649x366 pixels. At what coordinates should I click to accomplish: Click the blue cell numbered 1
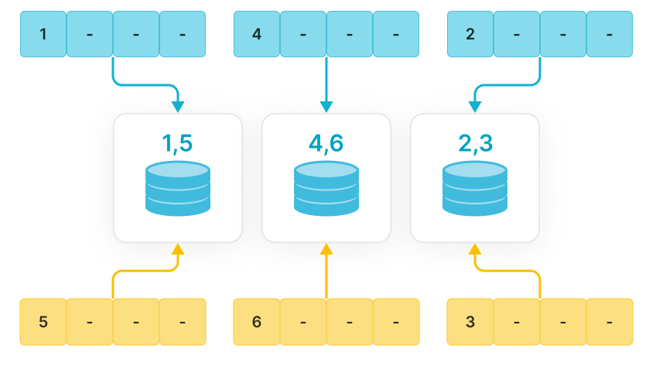[x=43, y=34]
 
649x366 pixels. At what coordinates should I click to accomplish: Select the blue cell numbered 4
[x=257, y=34]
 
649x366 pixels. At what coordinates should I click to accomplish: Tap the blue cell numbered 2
[x=470, y=34]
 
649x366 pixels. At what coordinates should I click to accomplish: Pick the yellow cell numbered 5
[x=43, y=322]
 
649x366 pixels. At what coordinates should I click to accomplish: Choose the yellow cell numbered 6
[x=257, y=322]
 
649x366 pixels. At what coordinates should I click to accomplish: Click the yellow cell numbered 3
[x=470, y=322]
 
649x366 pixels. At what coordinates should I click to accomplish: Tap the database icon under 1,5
[x=178, y=188]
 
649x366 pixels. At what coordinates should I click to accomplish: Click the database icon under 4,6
[x=326, y=188]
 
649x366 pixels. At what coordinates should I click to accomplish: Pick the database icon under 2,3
[x=475, y=188]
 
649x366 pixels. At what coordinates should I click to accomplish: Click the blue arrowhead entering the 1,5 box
[x=178, y=107]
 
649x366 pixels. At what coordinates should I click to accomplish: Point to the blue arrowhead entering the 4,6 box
[x=326, y=107]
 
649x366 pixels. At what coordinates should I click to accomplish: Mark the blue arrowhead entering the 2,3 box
[x=475, y=107]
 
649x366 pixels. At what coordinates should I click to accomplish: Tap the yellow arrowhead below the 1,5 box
[x=178, y=249]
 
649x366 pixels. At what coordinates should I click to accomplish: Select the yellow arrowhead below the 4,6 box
[x=326, y=249]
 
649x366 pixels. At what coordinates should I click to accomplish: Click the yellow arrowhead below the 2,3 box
[x=475, y=249]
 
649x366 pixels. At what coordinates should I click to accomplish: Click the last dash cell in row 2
[x=396, y=34]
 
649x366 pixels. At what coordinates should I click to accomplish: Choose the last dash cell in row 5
[x=396, y=322]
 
